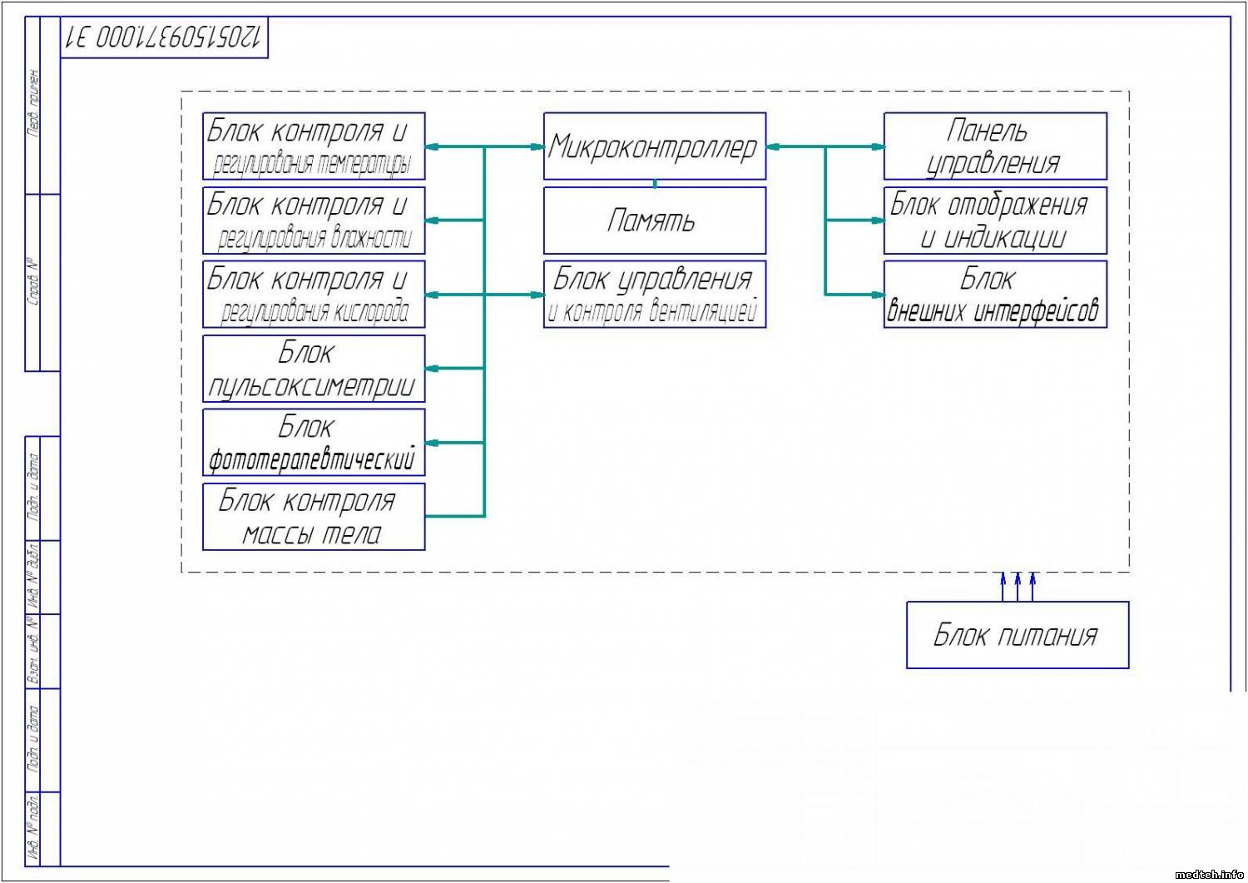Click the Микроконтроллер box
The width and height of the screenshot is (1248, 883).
654,146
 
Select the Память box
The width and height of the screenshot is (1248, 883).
654,221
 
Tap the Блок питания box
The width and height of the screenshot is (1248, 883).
1017,635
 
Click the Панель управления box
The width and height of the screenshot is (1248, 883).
994,146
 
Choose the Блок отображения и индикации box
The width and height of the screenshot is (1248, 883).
994,221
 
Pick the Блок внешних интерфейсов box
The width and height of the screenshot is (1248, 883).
994,295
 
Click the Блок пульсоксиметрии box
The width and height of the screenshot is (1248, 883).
314,369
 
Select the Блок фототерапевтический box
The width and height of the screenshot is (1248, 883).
314,442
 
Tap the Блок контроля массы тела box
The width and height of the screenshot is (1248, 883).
314,516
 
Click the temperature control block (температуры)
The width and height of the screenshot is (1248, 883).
314,146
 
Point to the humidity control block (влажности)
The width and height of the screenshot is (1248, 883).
314,221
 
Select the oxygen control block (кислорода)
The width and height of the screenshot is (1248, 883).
314,295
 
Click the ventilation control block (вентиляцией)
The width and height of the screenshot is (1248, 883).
654,295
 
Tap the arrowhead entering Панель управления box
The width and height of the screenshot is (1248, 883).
878,147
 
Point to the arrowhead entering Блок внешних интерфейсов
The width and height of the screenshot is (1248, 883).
878,295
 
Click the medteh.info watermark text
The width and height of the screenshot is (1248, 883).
1209,875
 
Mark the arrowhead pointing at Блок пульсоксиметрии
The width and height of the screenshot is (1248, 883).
432,369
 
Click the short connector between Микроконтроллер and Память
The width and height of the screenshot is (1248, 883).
655,183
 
